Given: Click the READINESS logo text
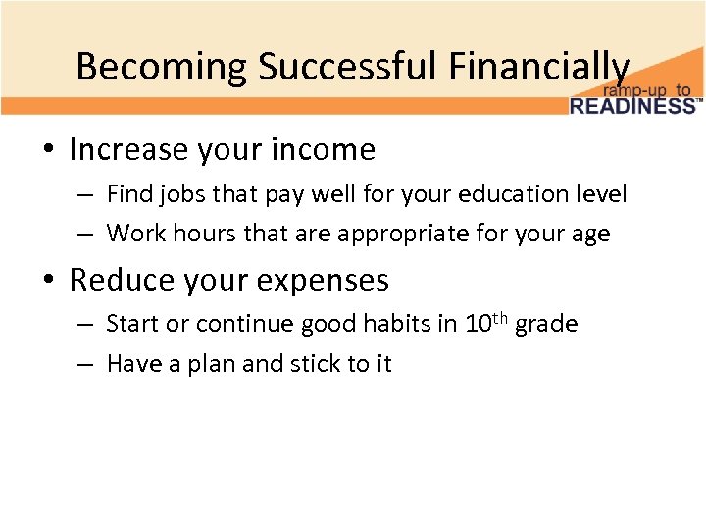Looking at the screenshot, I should point(632,105).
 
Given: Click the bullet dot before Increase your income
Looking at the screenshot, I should point(47,150).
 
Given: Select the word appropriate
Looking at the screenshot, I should point(377,235).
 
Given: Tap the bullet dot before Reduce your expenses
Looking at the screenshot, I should point(47,281).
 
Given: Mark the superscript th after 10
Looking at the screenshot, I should point(501,317).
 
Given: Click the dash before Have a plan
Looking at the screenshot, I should point(86,364).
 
